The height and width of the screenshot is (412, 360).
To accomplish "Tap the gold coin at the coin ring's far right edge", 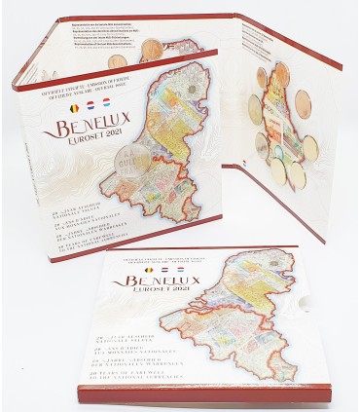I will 310,147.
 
